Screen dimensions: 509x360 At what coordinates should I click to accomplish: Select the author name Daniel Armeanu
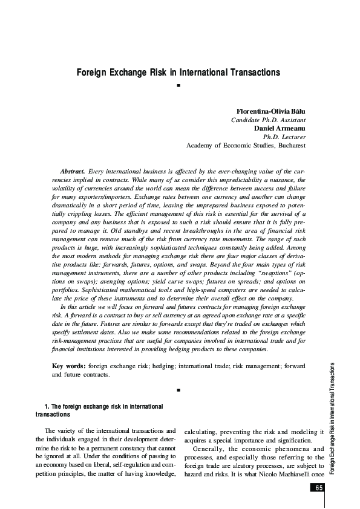(x=280, y=128)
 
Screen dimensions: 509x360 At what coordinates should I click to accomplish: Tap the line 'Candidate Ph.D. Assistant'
(x=269, y=120)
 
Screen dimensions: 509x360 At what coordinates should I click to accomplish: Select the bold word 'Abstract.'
(x=73, y=172)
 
